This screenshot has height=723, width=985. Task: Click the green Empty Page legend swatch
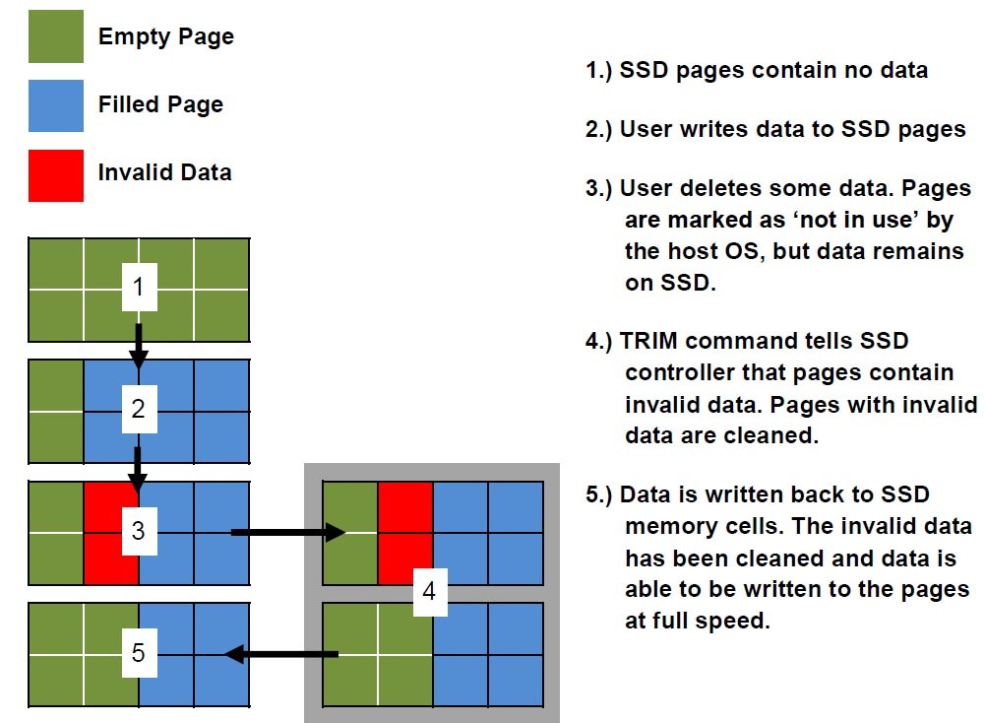point(55,37)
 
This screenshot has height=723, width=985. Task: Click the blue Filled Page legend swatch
point(55,105)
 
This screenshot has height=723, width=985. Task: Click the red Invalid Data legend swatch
point(55,173)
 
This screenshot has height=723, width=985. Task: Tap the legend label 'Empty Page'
point(165,37)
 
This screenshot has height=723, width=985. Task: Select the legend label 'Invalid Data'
point(164,172)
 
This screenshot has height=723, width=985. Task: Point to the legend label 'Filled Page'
point(160,104)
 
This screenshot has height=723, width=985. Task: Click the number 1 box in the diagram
point(139,288)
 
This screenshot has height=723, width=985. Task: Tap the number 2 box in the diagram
point(139,409)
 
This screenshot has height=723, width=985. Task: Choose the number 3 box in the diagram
point(139,531)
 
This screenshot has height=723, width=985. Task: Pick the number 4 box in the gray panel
point(428,592)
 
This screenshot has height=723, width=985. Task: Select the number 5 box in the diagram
point(139,653)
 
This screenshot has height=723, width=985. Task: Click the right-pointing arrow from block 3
point(287,533)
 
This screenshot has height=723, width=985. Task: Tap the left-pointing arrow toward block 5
point(281,653)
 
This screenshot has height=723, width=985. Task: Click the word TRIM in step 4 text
point(650,342)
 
